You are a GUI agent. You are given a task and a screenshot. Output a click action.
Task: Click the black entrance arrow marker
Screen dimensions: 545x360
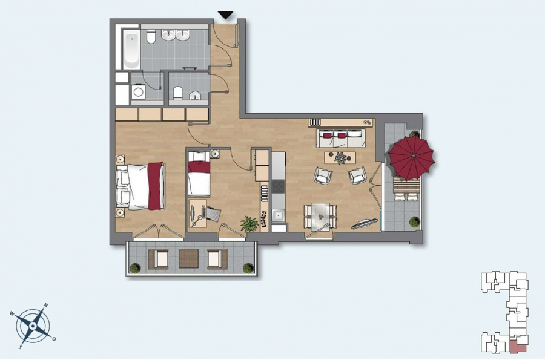[x=225, y=16]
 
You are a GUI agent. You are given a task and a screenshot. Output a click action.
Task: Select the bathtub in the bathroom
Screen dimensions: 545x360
[x=131, y=49]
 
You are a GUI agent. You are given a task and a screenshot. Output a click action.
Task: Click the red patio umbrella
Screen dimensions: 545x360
[x=412, y=157]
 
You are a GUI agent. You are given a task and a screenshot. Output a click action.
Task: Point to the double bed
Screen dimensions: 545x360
[x=140, y=186]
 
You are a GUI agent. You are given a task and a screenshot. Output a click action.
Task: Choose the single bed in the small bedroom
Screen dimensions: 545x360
[x=199, y=174]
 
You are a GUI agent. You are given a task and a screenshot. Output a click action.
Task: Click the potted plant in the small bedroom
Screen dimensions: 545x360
[x=249, y=224]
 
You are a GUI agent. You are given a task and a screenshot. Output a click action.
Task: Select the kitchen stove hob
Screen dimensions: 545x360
[x=279, y=187]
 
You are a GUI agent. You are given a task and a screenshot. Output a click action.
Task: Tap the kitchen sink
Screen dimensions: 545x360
[x=278, y=215]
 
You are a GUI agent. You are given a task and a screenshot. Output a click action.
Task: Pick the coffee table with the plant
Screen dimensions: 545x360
[x=340, y=158]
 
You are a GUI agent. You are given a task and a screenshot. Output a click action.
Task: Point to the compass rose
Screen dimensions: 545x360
[x=33, y=326]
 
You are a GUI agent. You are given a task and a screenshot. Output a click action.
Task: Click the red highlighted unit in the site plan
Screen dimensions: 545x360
[x=518, y=347]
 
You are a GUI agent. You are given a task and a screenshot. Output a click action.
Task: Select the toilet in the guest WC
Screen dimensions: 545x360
[x=177, y=92]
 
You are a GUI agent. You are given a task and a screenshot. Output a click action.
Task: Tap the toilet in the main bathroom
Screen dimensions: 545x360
[x=151, y=37]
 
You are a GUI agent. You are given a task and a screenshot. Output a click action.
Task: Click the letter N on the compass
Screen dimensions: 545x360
[x=45, y=306]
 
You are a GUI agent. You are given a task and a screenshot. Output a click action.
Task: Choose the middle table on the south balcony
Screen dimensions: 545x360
[x=189, y=258]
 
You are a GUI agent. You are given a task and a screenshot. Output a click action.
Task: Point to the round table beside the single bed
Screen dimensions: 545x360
[x=215, y=154]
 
